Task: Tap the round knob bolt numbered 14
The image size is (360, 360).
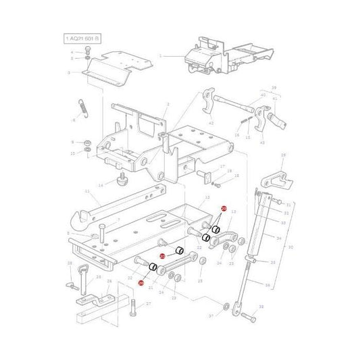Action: [122, 180]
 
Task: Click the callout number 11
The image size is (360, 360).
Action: [87, 192]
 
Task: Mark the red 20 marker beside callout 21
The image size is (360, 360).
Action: [141, 283]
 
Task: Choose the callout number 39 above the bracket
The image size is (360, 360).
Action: [274, 88]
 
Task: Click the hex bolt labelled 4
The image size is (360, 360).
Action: [88, 51]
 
